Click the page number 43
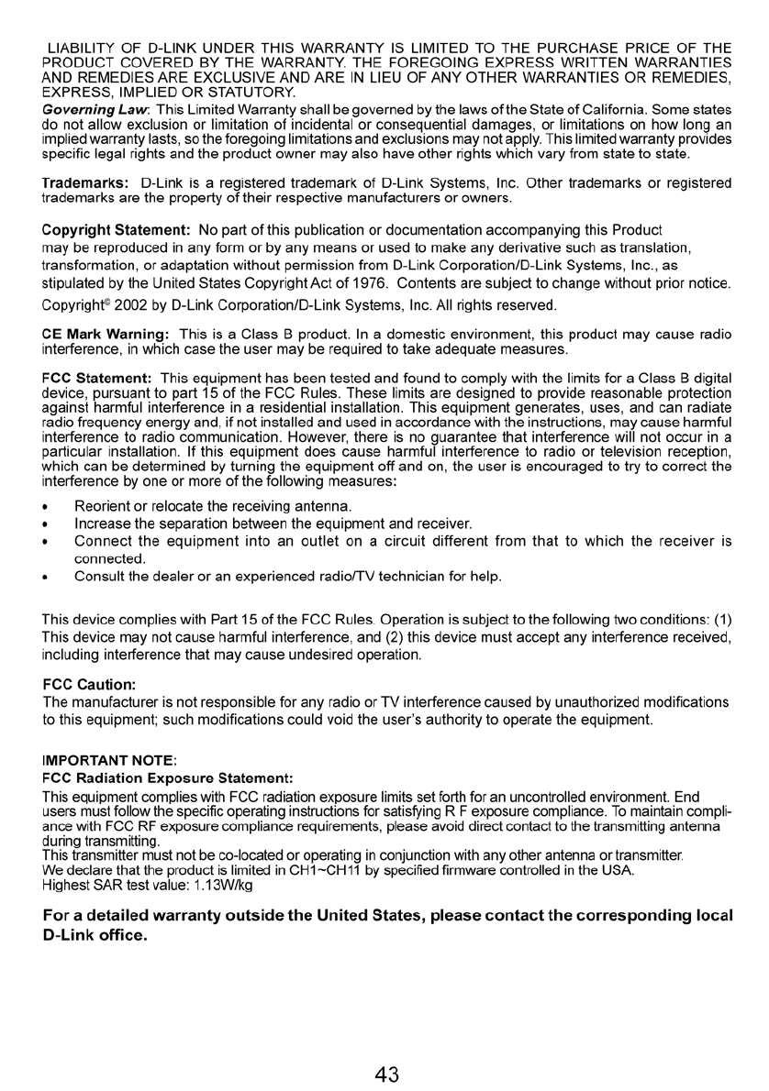[386, 1074]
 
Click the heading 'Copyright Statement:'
[117, 227]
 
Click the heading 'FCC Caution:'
[89, 684]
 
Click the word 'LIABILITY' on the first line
[84, 47]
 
